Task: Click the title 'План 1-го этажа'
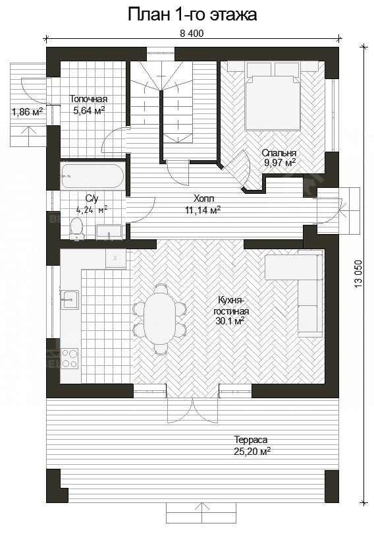192,15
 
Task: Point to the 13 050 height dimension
358,274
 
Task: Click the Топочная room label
88,99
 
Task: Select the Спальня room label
279,153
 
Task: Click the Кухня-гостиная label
231,306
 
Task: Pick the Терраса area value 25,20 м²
252,451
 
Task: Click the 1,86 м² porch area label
27,111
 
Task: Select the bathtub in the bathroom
92,176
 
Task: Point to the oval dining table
159,318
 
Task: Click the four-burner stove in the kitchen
70,358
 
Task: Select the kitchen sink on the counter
70,300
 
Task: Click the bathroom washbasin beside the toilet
109,232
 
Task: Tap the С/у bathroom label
92,198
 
